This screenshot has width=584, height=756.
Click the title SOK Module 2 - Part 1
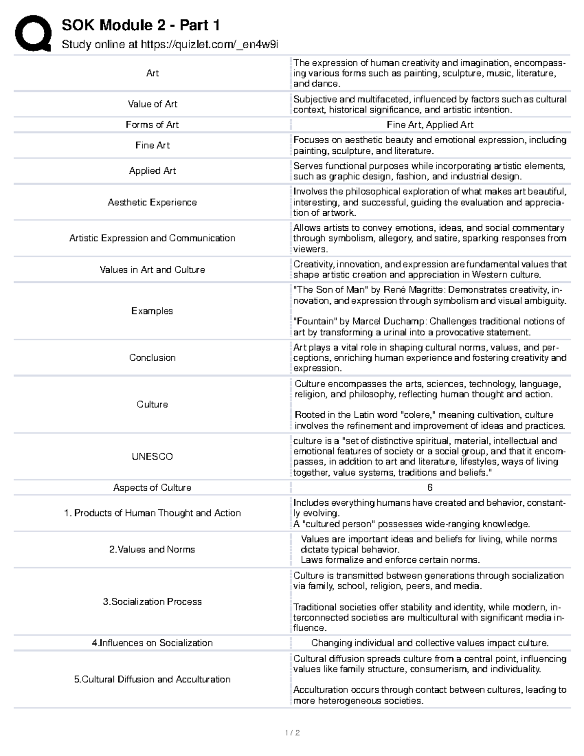point(141,25)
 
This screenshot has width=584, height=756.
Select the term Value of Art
point(152,104)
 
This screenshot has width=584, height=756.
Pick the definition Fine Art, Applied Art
point(430,125)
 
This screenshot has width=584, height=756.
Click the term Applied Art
point(152,171)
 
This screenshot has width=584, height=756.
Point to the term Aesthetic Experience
point(152,203)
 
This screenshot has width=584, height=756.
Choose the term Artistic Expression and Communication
point(152,238)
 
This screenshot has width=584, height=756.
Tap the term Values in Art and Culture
point(152,270)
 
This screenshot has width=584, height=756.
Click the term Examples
point(152,311)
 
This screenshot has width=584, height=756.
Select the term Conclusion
point(152,358)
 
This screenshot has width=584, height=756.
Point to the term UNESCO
point(152,457)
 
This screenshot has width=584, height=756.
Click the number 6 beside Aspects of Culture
point(430,488)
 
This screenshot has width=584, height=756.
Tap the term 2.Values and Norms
point(152,550)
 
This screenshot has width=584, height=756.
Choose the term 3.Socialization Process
point(152,602)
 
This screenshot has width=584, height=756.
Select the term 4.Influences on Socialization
point(152,643)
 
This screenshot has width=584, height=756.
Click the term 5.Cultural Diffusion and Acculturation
point(152,680)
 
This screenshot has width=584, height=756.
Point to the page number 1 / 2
point(292,733)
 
